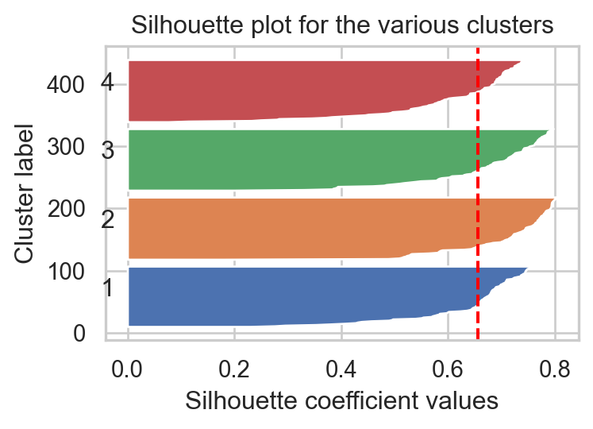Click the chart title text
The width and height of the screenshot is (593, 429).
pyautogui.click(x=341, y=25)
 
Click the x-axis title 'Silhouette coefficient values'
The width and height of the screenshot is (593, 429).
pyautogui.click(x=341, y=400)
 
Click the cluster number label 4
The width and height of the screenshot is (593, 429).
pyautogui.click(x=109, y=82)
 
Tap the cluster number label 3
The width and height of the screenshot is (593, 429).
pyautogui.click(x=109, y=150)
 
